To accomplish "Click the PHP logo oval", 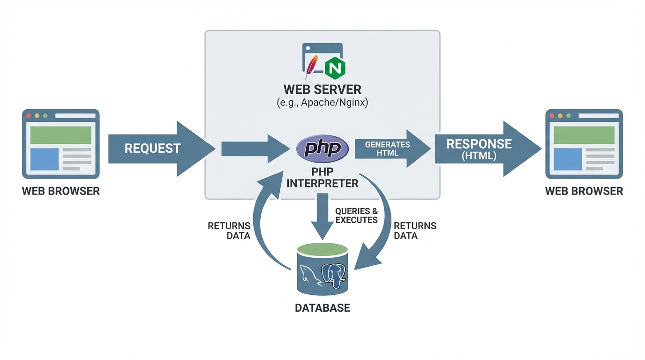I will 322,149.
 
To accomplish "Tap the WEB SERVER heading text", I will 322,89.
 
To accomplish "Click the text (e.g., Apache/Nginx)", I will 322,103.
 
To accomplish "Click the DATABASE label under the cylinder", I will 322,308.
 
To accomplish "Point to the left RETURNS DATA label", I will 229,231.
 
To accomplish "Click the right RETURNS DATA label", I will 415,231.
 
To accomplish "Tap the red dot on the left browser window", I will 29,115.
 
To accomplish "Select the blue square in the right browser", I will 568,159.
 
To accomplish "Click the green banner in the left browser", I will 60,135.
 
